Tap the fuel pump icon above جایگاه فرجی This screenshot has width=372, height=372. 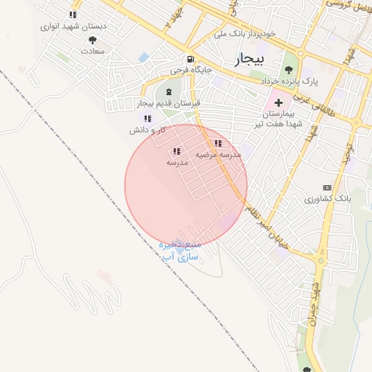point(190,60)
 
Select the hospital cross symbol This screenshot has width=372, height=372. point(278,103)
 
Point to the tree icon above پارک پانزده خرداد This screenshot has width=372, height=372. point(289,70)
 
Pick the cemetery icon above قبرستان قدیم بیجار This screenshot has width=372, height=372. point(169,92)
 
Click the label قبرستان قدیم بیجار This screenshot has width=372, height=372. point(169,104)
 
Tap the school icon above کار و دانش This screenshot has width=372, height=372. point(148,118)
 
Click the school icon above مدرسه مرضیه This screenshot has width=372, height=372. point(218,143)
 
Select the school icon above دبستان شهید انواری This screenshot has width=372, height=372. point(72,15)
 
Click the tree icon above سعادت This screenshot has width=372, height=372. point(92,41)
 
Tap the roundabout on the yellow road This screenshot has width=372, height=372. point(320,259)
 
